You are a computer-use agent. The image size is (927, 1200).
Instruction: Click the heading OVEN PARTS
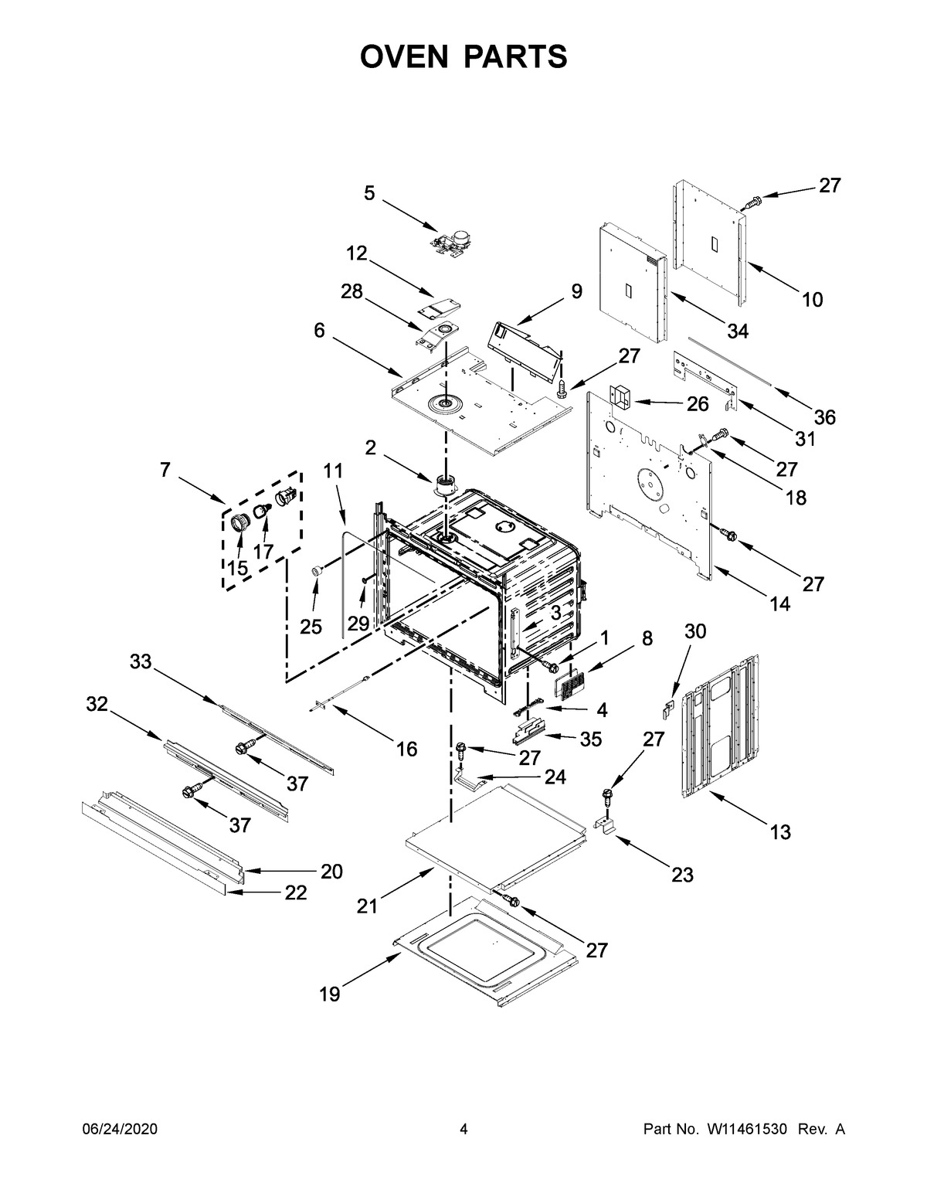pyautogui.click(x=463, y=56)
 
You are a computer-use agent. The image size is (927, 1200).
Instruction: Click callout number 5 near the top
pyautogui.click(x=369, y=193)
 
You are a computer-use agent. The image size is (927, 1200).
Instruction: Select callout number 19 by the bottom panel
pyautogui.click(x=330, y=994)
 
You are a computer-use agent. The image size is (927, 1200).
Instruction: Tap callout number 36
pyautogui.click(x=824, y=417)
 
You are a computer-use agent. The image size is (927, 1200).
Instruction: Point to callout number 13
pyautogui.click(x=780, y=832)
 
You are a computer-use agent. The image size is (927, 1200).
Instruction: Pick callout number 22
pyautogui.click(x=295, y=892)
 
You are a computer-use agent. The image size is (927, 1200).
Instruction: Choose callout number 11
pyautogui.click(x=333, y=471)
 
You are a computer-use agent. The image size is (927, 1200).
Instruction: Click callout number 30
pyautogui.click(x=695, y=631)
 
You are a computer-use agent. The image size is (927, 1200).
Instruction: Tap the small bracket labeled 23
pyautogui.click(x=606, y=827)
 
